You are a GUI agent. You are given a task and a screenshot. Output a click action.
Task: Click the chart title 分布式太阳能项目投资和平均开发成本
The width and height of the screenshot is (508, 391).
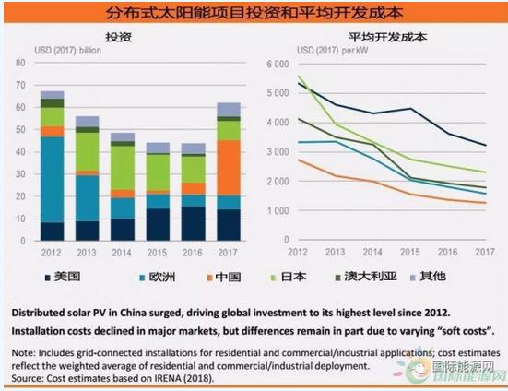pyautogui.click(x=254, y=14)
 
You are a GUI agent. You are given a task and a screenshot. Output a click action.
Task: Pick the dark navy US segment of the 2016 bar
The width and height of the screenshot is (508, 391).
pyautogui.click(x=194, y=223)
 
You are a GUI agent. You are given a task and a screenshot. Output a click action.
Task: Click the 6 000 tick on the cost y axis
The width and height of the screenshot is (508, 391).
pyautogui.click(x=278, y=64)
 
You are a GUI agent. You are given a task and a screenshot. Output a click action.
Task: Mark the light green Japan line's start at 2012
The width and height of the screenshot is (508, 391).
pyautogui.click(x=298, y=77)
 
